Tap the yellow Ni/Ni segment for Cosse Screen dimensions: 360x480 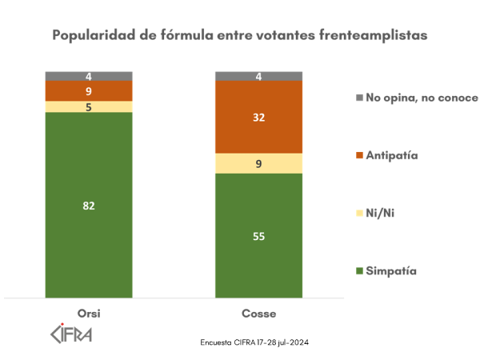tap(259, 163)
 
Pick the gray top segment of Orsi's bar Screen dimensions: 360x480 tap(89, 76)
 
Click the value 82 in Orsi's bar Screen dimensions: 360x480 tap(89, 206)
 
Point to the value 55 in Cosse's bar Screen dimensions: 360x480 tap(259, 237)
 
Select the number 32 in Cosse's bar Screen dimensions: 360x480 tap(259, 117)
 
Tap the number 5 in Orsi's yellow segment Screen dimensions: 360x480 tap(89, 106)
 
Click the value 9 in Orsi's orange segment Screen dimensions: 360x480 tap(89, 91)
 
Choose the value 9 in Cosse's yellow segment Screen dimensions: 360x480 tap(259, 164)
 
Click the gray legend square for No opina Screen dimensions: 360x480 tap(358, 98)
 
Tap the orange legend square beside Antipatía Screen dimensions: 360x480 tap(358, 156)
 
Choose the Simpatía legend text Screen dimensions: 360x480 tap(391, 271)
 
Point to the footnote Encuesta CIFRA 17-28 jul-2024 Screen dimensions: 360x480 tap(254, 342)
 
